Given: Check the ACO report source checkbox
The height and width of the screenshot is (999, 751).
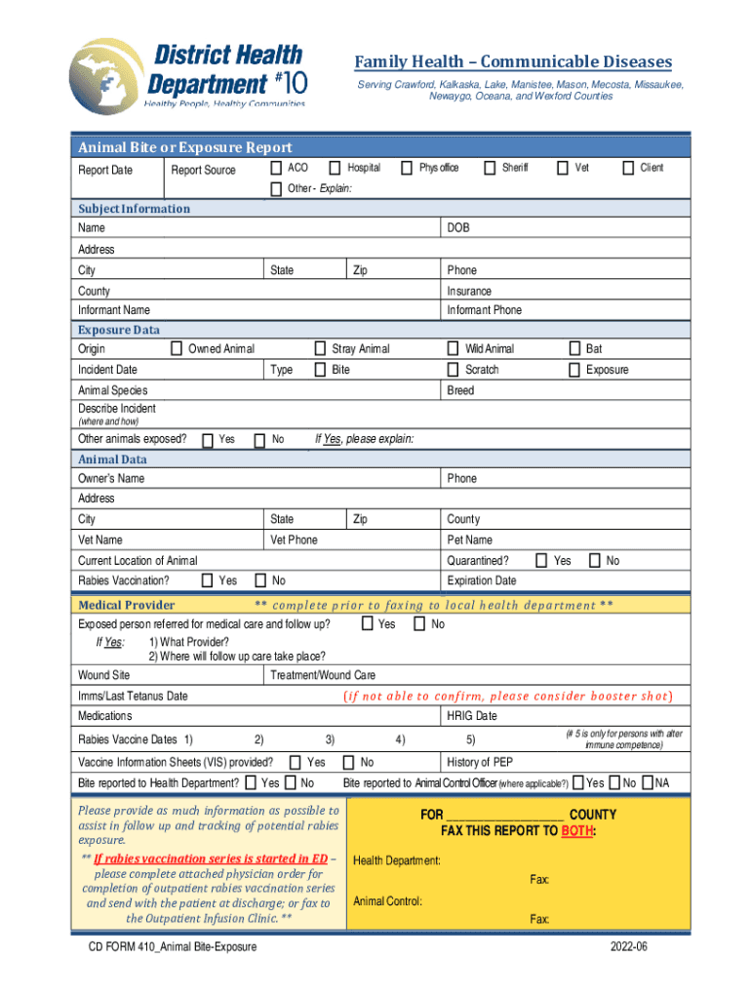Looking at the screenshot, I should pos(276,168).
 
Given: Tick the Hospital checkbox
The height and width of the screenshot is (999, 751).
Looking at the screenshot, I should pos(335,168).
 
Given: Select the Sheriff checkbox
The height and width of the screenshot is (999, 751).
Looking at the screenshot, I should pos(490,168).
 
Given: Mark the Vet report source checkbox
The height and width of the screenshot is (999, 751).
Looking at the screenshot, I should pos(563,168).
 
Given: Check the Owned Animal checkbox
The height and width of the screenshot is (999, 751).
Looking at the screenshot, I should pos(177,348).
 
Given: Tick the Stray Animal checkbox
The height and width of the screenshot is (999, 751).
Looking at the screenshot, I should pos(320,348).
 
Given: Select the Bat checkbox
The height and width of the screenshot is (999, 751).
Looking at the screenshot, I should pos(574,348).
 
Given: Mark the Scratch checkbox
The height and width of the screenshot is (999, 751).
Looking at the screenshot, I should pos(453,370).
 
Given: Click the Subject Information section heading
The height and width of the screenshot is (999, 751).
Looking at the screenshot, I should pos(135,209).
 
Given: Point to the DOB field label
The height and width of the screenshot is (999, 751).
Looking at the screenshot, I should pos(458,228).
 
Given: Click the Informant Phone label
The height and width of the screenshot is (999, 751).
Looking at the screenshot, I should pos(484,310).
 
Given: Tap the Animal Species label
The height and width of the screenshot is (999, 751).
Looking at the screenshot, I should pos(113,390).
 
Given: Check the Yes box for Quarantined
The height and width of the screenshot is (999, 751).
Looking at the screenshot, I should pos(541,561).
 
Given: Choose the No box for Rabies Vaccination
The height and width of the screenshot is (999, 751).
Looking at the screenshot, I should pos(259,581).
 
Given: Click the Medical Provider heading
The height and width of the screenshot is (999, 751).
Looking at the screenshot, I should pos(127,605).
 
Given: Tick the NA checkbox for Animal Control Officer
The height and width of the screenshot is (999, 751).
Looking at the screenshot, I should pos(646,782).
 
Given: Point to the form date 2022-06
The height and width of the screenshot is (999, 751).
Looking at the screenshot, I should pos(629,947).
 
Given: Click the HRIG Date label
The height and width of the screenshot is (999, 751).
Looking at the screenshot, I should pos(472,716).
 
